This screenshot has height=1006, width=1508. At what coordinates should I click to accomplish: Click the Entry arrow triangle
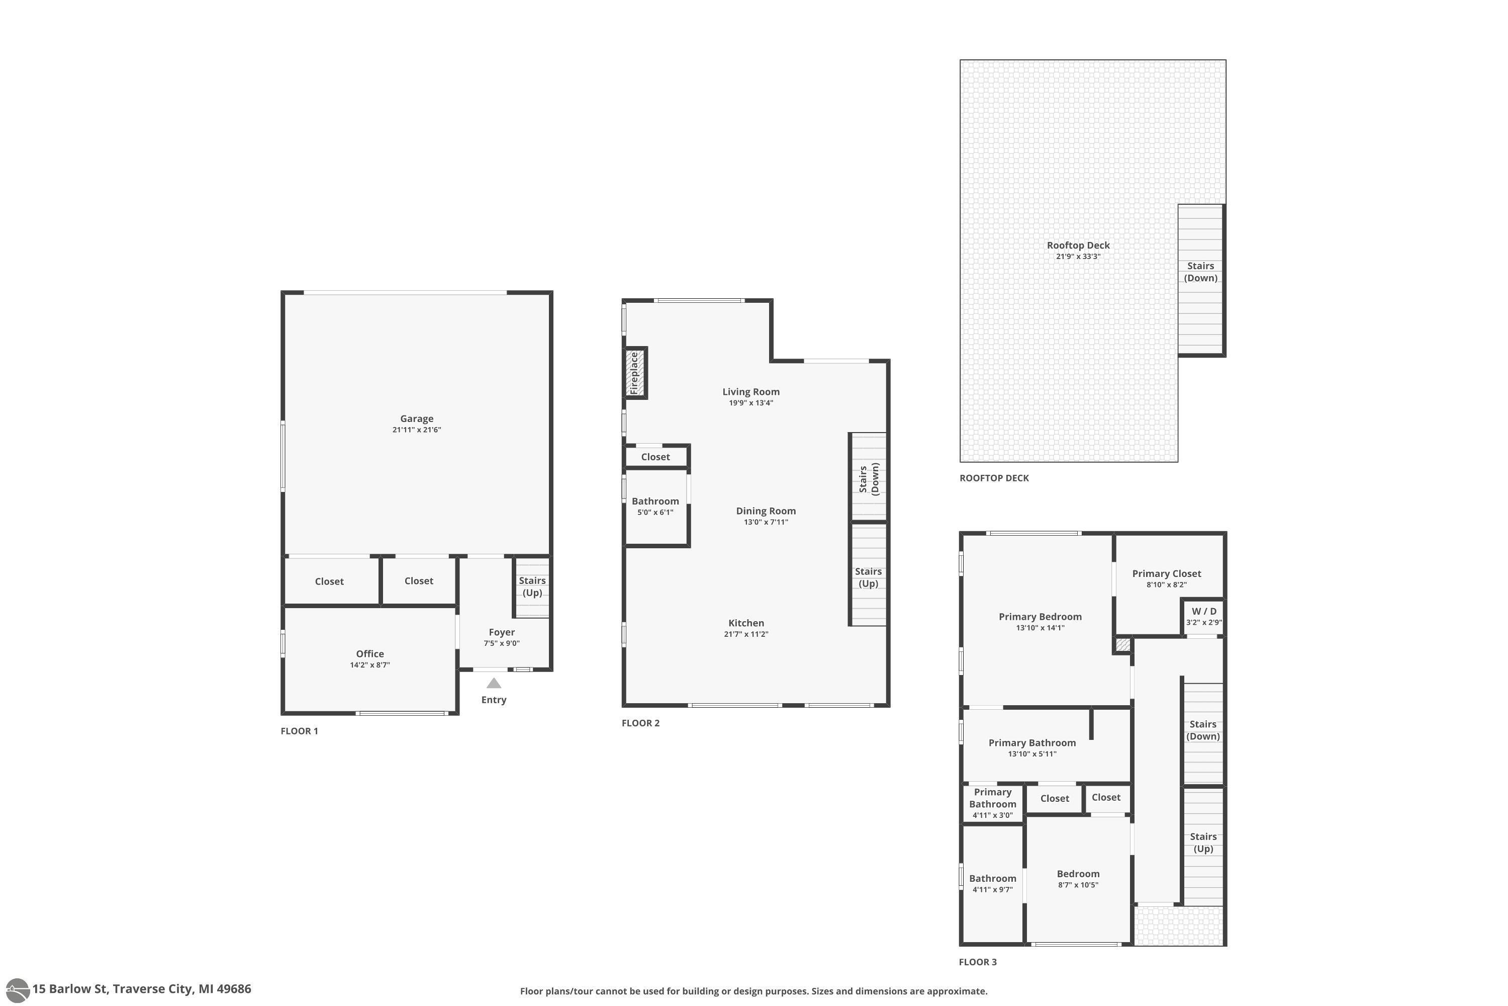494,683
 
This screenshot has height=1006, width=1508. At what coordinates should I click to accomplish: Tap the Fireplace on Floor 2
635,373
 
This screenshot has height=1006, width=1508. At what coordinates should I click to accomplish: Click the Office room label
370,654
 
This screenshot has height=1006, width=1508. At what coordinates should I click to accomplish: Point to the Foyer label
501,632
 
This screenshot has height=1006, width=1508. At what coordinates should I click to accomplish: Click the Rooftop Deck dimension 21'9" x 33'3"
1078,257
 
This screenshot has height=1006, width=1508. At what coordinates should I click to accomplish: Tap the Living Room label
751,391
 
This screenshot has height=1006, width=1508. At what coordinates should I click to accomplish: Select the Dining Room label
766,511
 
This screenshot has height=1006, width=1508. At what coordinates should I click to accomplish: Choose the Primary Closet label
1166,573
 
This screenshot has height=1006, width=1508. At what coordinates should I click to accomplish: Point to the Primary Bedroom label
1040,617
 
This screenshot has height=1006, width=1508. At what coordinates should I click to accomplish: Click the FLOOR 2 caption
640,723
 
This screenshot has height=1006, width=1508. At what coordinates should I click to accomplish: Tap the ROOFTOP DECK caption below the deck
994,478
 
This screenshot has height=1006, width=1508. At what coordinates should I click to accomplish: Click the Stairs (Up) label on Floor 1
532,586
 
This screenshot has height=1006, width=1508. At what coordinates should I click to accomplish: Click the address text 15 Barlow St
70,989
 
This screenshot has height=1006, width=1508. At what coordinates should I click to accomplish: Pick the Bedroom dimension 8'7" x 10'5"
1078,885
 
